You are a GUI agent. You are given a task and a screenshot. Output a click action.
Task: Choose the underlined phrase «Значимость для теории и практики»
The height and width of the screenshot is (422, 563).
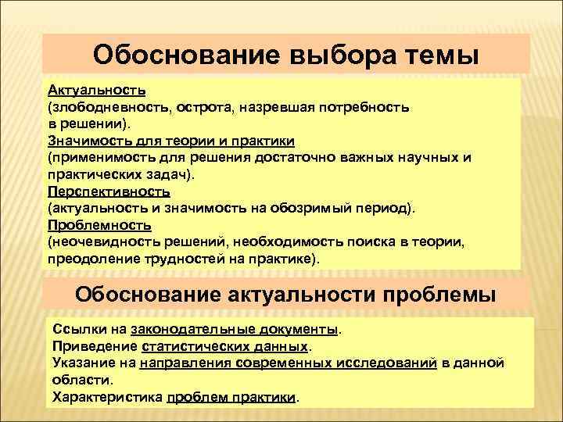[x=170, y=140]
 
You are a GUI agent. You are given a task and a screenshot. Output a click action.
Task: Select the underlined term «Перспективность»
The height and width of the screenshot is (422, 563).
[x=108, y=191]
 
